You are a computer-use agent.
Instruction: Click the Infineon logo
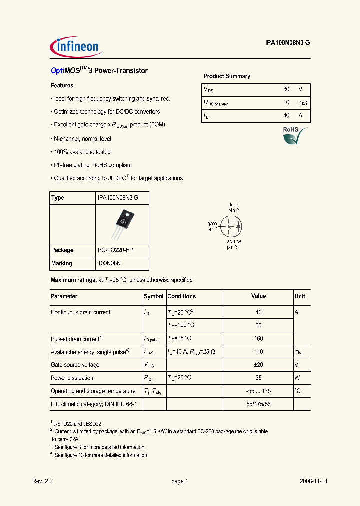coord(76,47)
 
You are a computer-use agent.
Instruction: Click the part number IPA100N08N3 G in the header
coord(287,43)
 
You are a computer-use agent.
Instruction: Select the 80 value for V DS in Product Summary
coord(286,89)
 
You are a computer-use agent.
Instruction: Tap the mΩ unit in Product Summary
coord(303,102)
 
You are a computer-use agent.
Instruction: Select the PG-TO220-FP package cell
coord(115,250)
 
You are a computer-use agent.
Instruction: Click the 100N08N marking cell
coord(109,263)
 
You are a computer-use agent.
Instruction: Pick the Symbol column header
coord(154,296)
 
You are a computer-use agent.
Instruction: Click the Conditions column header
coord(182,296)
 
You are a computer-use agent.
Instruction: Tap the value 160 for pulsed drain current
coord(258,339)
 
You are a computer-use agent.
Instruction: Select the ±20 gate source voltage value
coord(258,365)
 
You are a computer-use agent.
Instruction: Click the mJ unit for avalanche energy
coord(298,352)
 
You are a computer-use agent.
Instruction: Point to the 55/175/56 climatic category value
coord(258,404)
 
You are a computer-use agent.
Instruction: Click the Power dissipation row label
coord(72,378)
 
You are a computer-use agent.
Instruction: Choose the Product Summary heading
coord(227,76)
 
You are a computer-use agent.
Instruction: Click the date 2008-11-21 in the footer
coord(313,481)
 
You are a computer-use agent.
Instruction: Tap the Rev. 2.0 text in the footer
coord(42,481)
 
